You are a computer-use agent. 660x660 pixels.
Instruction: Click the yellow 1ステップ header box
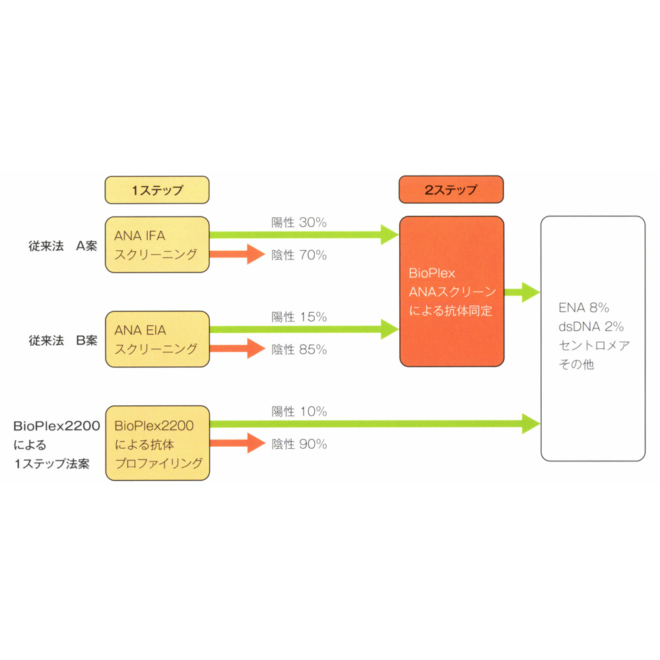[x=157, y=190]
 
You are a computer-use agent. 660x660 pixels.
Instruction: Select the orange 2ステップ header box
[x=451, y=189]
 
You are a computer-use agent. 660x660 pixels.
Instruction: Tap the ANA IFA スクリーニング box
[x=157, y=245]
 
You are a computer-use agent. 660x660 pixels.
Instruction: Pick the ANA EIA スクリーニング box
[x=157, y=339]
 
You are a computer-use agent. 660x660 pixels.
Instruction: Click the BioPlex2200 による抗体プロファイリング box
[x=158, y=444]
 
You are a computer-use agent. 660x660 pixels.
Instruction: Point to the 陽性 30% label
[x=299, y=222]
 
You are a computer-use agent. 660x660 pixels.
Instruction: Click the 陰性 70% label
[x=299, y=255]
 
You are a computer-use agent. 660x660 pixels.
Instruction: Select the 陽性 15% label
[x=299, y=317]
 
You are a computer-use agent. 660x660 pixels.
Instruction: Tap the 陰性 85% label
[x=299, y=349]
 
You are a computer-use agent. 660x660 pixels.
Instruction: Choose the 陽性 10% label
[x=299, y=411]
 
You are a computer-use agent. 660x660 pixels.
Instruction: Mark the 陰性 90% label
[x=299, y=444]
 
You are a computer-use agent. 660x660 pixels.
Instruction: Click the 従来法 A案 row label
[x=63, y=246]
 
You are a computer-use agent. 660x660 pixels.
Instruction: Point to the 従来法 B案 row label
[x=63, y=341]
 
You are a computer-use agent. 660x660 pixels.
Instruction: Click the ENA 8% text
[x=584, y=308]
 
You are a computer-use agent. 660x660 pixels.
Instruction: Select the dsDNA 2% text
[x=591, y=327]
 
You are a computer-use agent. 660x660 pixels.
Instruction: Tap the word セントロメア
[x=595, y=346]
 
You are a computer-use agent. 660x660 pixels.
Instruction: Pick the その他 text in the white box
[x=576, y=364]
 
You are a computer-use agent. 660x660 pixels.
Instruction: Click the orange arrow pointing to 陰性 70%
[x=238, y=254]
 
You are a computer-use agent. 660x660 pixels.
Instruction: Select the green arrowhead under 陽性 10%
[x=531, y=424]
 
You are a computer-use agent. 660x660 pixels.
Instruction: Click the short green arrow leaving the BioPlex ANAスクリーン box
[x=522, y=292]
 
